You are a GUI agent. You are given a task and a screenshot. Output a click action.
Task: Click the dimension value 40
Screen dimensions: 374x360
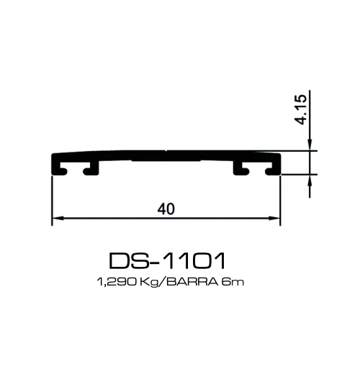click(166, 208)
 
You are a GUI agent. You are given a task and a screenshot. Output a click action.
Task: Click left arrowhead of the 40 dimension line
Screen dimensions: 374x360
click(58, 218)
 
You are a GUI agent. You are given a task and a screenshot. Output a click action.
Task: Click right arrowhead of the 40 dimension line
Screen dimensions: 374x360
click(275, 218)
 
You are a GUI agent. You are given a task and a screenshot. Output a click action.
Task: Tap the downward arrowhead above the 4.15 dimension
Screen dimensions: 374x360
click(310, 146)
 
